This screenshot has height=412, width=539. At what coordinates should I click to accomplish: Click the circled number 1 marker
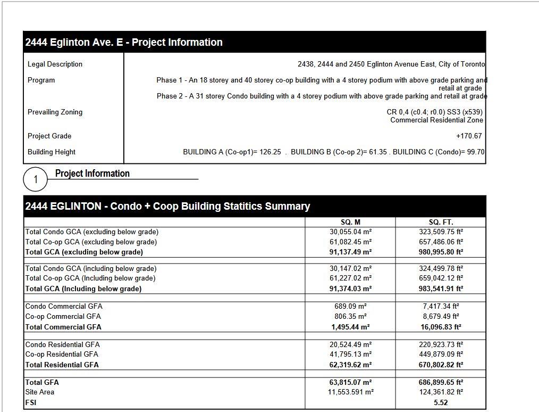[x=36, y=179]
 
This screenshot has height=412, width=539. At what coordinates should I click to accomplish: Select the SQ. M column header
[x=350, y=222]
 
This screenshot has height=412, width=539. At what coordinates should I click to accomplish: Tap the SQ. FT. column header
[x=441, y=222]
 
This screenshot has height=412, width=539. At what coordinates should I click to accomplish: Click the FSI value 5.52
[x=441, y=403]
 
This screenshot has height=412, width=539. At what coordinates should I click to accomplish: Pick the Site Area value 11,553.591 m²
[x=350, y=392]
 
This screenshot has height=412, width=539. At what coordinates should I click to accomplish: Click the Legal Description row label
[x=55, y=64]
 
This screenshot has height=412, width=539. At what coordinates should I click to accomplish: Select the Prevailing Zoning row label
[x=55, y=112]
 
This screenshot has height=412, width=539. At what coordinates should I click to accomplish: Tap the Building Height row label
[x=52, y=152]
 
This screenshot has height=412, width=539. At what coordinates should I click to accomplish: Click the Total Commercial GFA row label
[x=63, y=327]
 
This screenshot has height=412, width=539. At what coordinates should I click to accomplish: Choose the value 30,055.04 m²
[x=350, y=232]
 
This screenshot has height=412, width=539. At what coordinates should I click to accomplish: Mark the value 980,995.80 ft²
[x=441, y=252]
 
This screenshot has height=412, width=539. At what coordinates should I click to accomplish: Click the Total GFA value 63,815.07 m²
[x=350, y=382]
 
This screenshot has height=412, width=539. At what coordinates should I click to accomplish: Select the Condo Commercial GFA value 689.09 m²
[x=350, y=306]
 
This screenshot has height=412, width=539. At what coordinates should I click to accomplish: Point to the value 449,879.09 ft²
[x=441, y=354]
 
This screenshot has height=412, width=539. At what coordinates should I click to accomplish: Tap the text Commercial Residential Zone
[x=436, y=120]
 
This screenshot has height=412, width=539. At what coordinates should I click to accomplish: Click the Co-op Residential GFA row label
[x=62, y=354]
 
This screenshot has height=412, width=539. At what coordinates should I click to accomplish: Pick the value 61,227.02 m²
[x=350, y=278]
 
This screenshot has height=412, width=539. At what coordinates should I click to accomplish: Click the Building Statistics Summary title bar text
[x=167, y=206]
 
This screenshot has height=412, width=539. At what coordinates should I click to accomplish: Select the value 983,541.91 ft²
[x=441, y=289]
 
